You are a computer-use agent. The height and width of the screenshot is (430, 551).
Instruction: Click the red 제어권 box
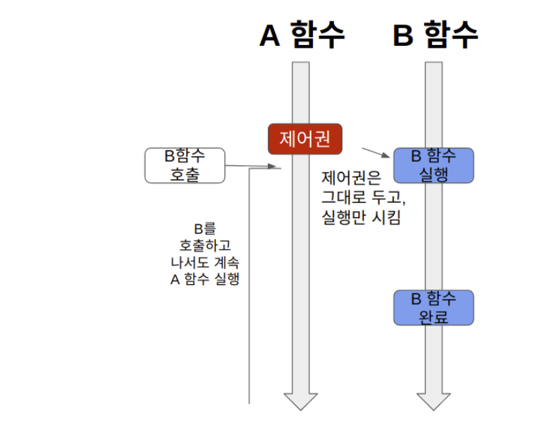pos(304,139)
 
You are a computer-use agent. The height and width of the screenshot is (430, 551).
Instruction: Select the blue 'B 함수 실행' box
pos(433,165)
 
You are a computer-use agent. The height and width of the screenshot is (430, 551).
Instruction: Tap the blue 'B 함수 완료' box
pos(433,308)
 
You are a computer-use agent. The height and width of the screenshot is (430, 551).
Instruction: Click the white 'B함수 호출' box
pos(185,165)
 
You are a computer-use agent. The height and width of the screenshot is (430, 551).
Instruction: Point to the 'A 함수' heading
pos(302,36)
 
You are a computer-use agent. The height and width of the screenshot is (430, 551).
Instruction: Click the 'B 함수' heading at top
pos(435,34)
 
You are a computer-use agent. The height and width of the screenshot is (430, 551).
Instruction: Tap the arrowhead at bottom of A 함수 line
pos(301,400)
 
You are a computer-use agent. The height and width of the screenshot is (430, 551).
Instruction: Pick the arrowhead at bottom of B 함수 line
pos(433,400)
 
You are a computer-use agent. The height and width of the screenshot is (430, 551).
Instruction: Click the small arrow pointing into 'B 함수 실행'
pos(377,152)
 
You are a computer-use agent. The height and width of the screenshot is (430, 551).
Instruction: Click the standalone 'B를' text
pos(205,229)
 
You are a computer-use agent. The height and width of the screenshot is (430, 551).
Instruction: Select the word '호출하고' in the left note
pos(205,246)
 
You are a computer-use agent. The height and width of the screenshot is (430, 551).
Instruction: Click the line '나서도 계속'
pos(205,262)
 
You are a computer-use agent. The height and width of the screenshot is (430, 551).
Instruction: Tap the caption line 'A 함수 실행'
pos(205,279)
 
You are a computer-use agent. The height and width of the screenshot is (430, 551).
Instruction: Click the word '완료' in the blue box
pos(433,317)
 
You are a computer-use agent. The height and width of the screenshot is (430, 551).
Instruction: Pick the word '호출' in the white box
pos(185,174)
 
